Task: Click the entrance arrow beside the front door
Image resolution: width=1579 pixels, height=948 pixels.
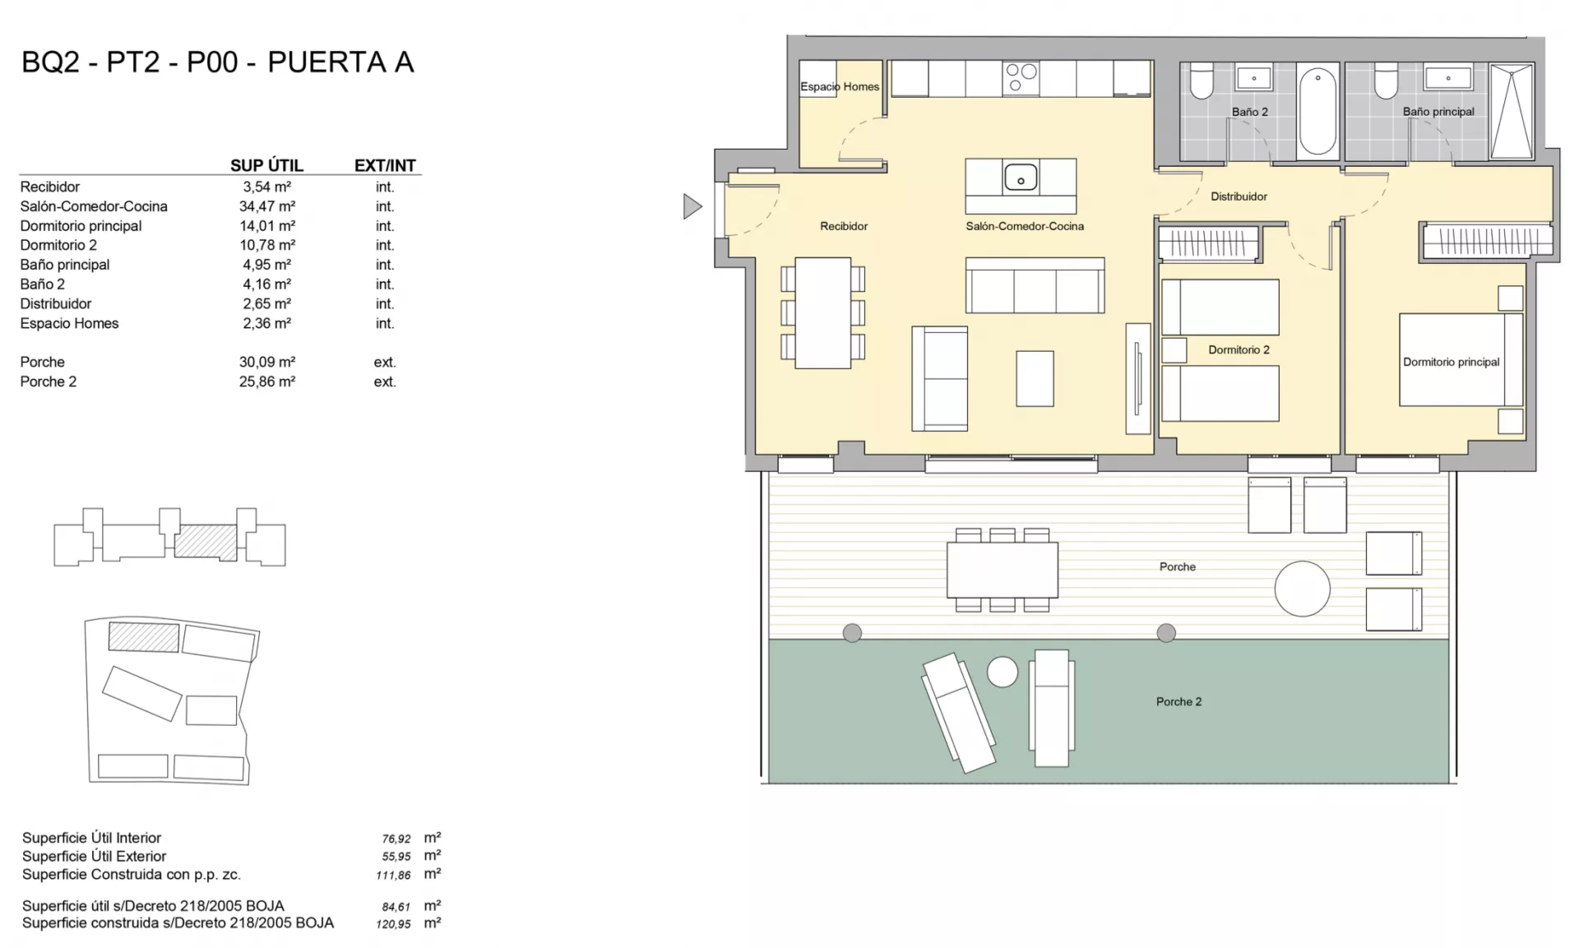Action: pyautogui.click(x=692, y=206)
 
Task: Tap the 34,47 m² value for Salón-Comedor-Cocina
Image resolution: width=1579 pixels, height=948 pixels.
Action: pyautogui.click(x=266, y=206)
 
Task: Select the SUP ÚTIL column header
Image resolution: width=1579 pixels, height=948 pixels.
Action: pyautogui.click(x=266, y=165)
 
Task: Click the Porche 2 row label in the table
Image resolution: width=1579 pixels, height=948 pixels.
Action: pyautogui.click(x=49, y=382)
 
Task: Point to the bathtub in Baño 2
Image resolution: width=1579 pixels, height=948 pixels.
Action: pyautogui.click(x=1318, y=111)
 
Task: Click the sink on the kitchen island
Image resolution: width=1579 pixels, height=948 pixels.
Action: pyautogui.click(x=1021, y=177)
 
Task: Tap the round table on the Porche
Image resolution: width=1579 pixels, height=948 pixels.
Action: pyautogui.click(x=1302, y=589)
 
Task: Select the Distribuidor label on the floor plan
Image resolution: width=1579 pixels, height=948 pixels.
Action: pyautogui.click(x=1239, y=197)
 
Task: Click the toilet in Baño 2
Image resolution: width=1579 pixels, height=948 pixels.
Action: pyautogui.click(x=1202, y=80)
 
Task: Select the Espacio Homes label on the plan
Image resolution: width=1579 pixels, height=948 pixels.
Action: pyautogui.click(x=840, y=86)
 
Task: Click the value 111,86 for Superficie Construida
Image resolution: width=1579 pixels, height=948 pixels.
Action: pyautogui.click(x=393, y=875)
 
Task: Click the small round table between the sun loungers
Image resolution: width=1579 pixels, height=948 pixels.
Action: pyautogui.click(x=1003, y=672)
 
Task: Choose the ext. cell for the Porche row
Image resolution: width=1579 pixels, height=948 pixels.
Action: pyautogui.click(x=385, y=362)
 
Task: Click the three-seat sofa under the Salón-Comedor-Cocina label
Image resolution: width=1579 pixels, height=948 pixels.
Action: pyautogui.click(x=1035, y=285)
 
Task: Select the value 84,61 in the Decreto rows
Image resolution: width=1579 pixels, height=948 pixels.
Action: pyautogui.click(x=396, y=907)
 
